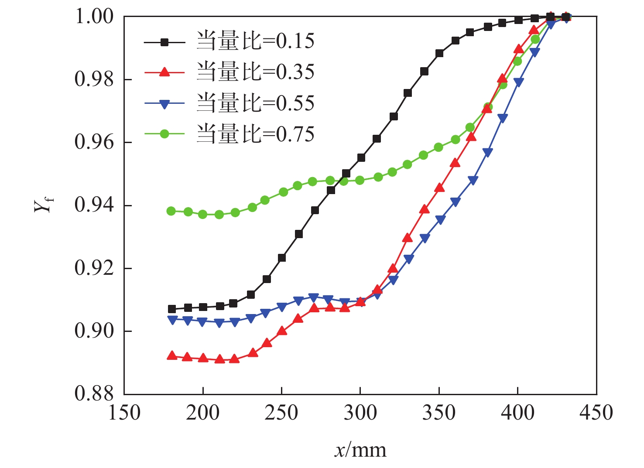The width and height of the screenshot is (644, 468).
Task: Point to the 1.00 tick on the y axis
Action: (x=94, y=17)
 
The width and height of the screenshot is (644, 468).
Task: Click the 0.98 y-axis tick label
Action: (x=94, y=80)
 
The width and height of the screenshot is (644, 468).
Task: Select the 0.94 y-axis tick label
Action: (x=94, y=205)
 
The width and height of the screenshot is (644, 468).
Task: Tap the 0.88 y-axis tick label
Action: (x=94, y=394)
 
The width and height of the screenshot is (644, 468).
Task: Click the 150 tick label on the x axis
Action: (x=124, y=413)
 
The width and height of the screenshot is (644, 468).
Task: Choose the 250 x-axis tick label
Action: (x=281, y=413)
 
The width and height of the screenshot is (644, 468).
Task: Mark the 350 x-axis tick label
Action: (x=438, y=413)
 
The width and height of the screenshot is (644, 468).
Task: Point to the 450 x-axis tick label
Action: (x=596, y=413)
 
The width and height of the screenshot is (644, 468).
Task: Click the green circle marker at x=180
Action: (x=171, y=211)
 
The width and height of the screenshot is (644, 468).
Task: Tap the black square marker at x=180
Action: (x=172, y=309)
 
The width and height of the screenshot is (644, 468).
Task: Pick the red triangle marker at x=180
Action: (x=172, y=356)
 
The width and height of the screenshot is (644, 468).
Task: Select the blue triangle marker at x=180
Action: (x=172, y=320)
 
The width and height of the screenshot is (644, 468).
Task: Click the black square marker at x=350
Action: (x=439, y=54)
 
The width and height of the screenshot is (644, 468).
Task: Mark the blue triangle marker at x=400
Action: (x=518, y=82)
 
